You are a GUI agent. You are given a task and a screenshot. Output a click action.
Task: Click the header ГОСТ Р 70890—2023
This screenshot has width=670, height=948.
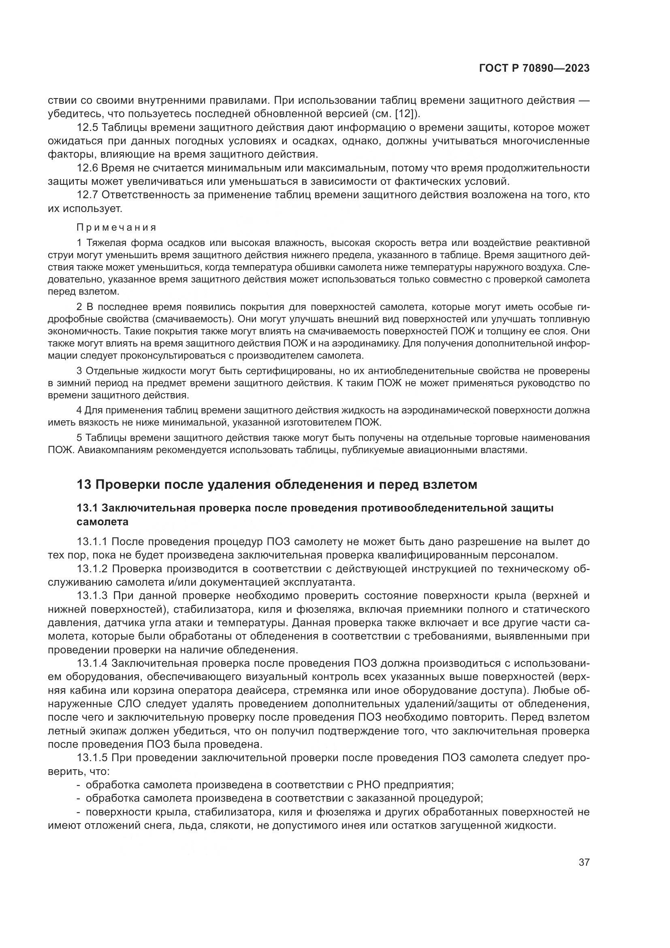[534, 68]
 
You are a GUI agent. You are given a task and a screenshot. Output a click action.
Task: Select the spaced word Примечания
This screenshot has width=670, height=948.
[117, 227]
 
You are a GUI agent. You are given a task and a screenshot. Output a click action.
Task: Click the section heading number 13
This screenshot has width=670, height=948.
[84, 484]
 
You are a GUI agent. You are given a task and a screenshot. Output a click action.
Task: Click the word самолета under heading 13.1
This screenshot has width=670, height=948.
[102, 522]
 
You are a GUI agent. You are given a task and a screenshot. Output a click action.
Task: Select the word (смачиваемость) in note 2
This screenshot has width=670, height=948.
[194, 319]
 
